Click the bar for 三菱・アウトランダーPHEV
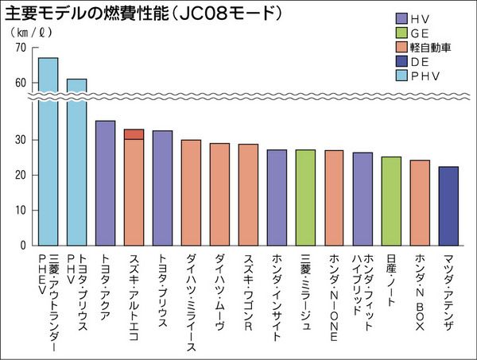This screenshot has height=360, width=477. pos(48,151)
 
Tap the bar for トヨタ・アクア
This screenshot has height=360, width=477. pos(105,183)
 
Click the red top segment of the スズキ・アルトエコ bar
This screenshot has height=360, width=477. pos(134,134)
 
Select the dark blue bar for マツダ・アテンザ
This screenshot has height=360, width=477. pos(448,206)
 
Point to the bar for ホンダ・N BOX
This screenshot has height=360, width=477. pos(420,203)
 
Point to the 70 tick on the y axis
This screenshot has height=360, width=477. pos(20,48)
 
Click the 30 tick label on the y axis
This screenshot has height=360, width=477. pos(20,140)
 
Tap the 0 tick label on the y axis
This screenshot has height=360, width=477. pos(23,246)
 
